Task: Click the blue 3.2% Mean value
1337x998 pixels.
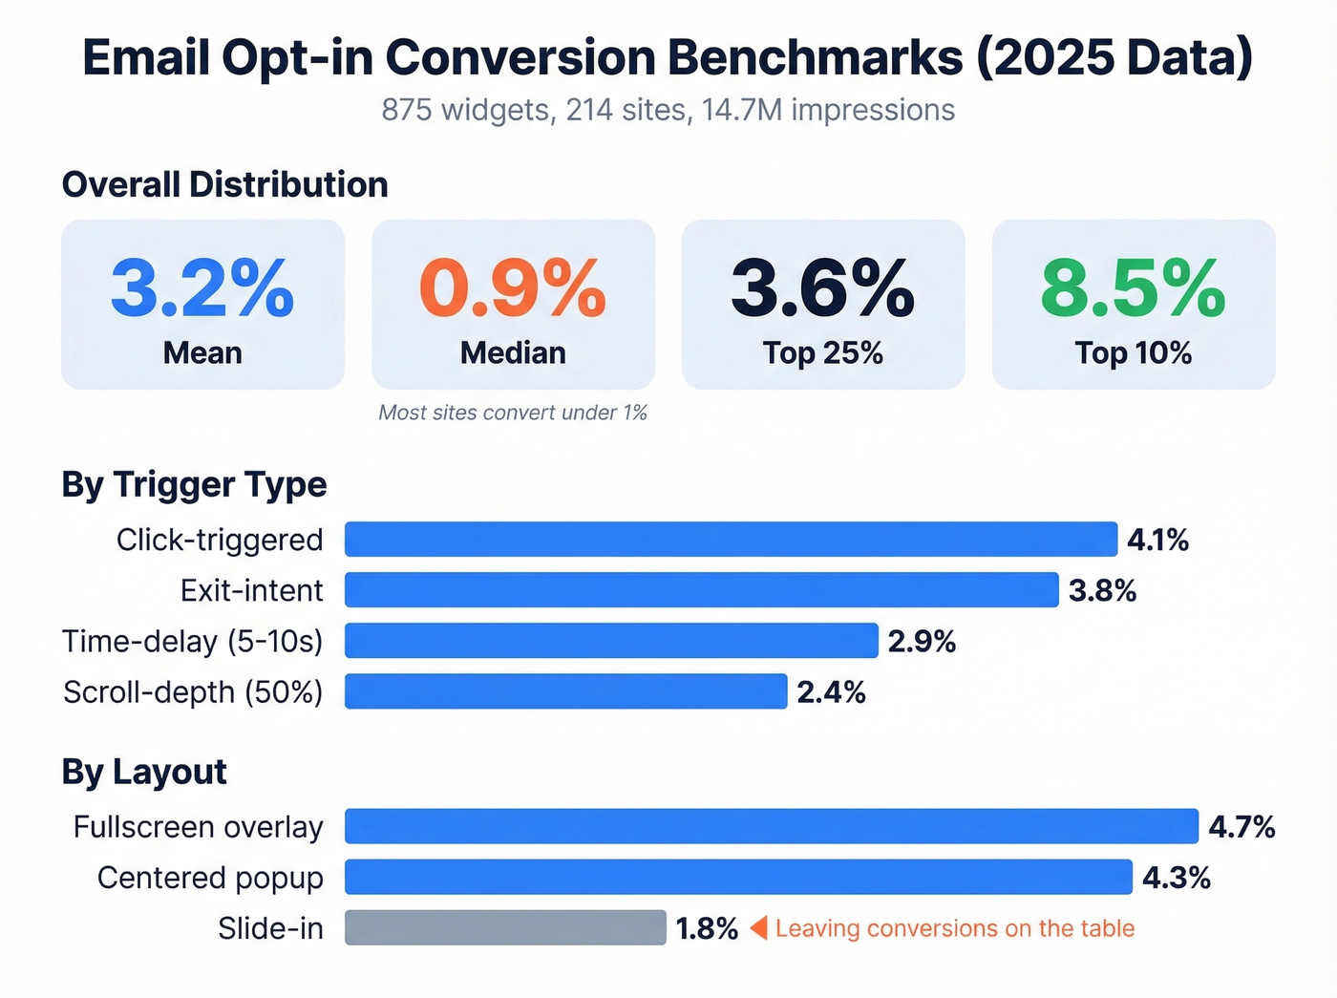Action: pos(202,288)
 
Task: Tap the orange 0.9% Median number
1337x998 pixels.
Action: pos(513,288)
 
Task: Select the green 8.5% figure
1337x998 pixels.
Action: pos(1134,288)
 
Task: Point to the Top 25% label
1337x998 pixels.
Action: pos(822,353)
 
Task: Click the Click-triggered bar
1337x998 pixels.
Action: pos(731,540)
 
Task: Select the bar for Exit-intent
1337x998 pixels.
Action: pos(701,590)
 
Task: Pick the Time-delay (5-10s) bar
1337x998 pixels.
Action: pos(611,641)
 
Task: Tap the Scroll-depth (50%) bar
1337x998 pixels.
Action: pos(565,691)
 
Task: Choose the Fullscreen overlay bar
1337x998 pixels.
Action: pos(771,827)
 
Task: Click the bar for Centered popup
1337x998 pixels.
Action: pos(738,878)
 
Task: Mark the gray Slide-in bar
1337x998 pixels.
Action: pos(505,928)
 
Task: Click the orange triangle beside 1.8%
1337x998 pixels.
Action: pos(759,928)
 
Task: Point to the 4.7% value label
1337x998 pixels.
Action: pos(1241,827)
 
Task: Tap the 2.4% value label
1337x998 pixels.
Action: pos(831,691)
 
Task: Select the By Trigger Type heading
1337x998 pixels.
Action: pos(194,485)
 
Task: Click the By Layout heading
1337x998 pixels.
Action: pos(144,772)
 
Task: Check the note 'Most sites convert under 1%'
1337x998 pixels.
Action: pos(513,413)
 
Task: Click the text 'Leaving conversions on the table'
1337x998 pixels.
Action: pos(955,928)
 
